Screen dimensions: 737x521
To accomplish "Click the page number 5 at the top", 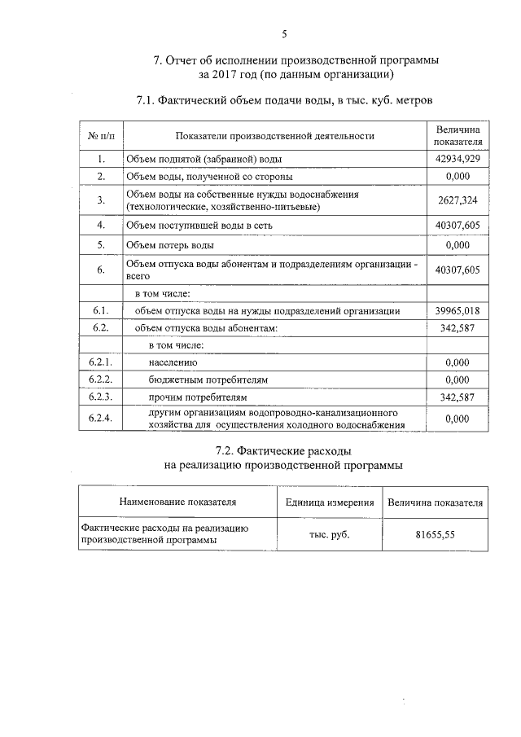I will [284, 33].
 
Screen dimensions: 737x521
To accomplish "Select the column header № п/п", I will [101, 135].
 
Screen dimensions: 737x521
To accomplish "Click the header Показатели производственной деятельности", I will [274, 135].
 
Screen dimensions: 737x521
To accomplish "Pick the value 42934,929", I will [458, 159].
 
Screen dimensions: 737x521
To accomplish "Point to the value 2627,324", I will [458, 200].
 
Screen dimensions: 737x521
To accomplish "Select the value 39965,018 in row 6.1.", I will [458, 311].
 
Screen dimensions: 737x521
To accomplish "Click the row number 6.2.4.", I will [101, 418].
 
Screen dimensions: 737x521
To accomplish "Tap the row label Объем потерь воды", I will [170, 244].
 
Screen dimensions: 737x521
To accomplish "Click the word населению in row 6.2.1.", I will [172, 362].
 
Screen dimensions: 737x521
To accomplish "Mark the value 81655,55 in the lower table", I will [436, 534].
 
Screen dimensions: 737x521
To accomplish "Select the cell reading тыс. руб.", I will [330, 534].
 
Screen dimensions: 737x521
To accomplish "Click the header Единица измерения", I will [330, 502].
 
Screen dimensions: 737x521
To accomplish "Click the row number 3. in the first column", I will [101, 200].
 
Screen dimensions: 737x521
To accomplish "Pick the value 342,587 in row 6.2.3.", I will [458, 397].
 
